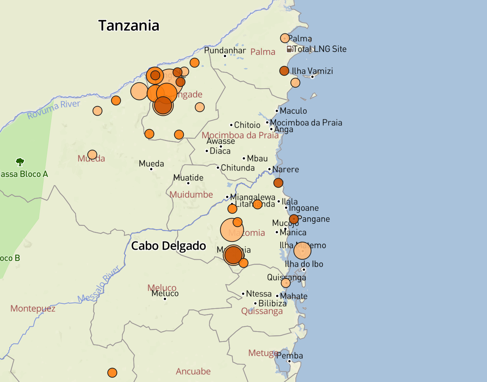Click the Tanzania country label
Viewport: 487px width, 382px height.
[x=129, y=26]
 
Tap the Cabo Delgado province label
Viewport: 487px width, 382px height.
[x=169, y=246]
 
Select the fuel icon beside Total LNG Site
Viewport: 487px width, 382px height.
[x=290, y=49]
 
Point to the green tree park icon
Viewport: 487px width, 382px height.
[x=20, y=162]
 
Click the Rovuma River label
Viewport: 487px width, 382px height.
[x=54, y=109]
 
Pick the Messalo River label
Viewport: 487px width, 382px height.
[x=99, y=284]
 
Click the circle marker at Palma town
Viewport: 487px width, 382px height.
[x=285, y=38]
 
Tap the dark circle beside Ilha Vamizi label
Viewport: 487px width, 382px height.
[x=284, y=71]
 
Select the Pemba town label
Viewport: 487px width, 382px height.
[x=290, y=356]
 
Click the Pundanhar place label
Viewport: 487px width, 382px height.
[x=225, y=50]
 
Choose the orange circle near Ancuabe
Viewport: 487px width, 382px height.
[x=112, y=372]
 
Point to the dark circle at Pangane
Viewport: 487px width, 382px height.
[x=294, y=219]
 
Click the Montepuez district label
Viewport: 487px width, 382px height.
[x=33, y=309]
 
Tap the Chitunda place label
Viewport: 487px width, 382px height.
[x=238, y=168]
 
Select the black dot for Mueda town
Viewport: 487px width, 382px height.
[x=151, y=169]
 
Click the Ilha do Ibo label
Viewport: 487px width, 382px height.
[x=304, y=264]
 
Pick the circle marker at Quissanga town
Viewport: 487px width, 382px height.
[x=286, y=283]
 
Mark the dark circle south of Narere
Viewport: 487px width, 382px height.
[x=278, y=182]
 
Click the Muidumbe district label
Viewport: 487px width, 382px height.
[x=191, y=194]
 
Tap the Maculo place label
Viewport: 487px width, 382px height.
[x=293, y=111]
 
